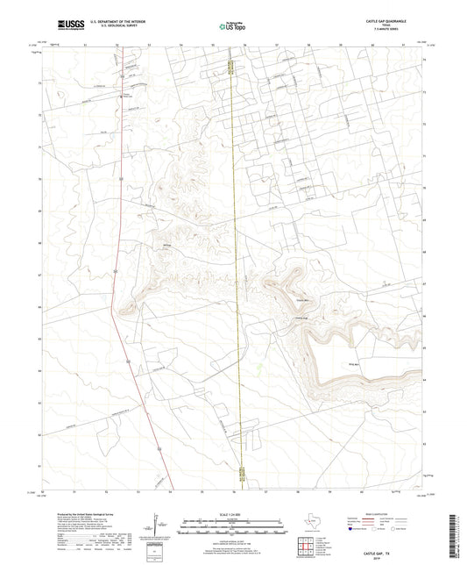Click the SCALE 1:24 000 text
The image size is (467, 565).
(x=234, y=513)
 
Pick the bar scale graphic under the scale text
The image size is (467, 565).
(x=232, y=529)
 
